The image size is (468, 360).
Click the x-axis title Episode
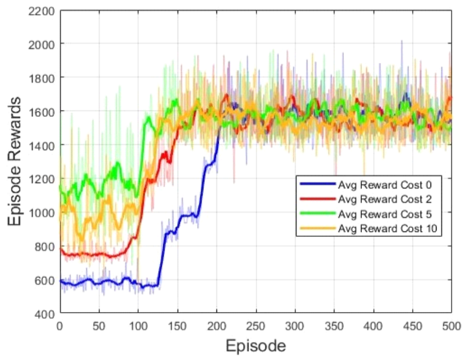255,346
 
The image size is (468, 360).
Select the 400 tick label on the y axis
45,314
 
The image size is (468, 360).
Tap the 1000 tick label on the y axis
42,213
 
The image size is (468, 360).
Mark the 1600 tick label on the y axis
42,112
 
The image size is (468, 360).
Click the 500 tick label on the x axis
450,325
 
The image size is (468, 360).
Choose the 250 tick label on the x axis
255,325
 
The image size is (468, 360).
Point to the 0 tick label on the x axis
59,325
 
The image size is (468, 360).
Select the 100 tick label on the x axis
138,325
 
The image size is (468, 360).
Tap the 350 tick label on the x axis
333,325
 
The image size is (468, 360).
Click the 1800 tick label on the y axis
42,78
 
